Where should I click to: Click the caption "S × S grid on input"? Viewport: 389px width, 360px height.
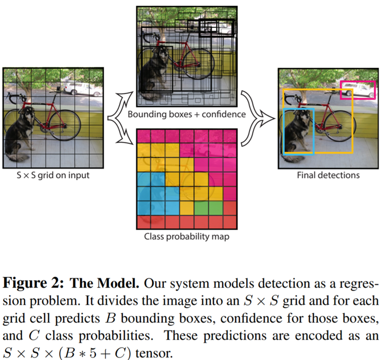(x=53, y=175)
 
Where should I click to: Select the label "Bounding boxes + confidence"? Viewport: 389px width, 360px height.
(x=186, y=114)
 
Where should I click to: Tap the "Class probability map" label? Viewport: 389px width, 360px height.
(x=186, y=236)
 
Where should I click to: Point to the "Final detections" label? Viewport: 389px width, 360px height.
(x=328, y=175)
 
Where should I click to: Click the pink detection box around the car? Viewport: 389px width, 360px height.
(x=358, y=81)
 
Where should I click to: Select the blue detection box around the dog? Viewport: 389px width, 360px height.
(x=284, y=132)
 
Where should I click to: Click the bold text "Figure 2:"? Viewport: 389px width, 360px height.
(x=33, y=283)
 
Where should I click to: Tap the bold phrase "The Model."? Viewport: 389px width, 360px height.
(x=104, y=283)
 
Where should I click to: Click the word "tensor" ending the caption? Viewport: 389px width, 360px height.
(x=154, y=353)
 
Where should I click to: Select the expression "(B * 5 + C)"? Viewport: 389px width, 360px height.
(x=95, y=353)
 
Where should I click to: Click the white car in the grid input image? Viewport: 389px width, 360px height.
(x=82, y=89)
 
